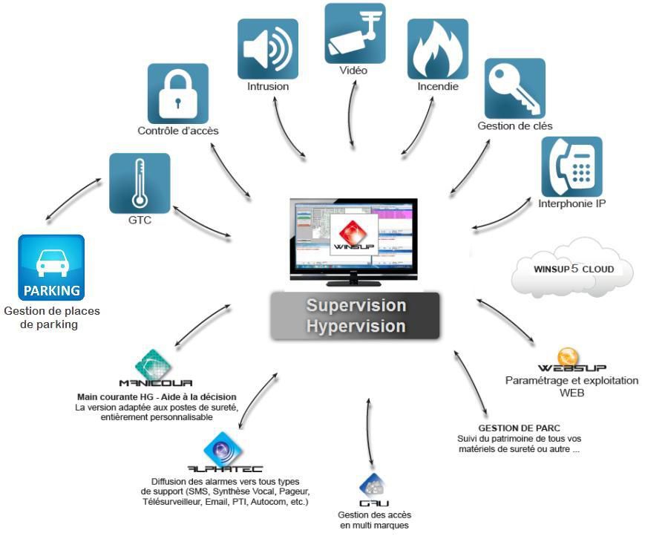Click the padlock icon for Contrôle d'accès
click(177, 93)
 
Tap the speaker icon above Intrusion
click(267, 49)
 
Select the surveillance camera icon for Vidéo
click(355, 33)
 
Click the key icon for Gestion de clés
click(514, 88)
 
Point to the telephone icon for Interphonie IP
click(572, 166)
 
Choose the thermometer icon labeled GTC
click(140, 183)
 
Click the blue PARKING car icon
click(51, 267)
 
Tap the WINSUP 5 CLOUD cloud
click(573, 269)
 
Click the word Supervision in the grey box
click(356, 306)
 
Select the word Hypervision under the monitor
click(356, 327)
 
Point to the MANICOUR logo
click(155, 371)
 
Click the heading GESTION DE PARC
click(519, 428)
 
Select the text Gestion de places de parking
click(51, 318)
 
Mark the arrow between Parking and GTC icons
click(73, 198)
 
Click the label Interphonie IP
click(572, 203)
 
